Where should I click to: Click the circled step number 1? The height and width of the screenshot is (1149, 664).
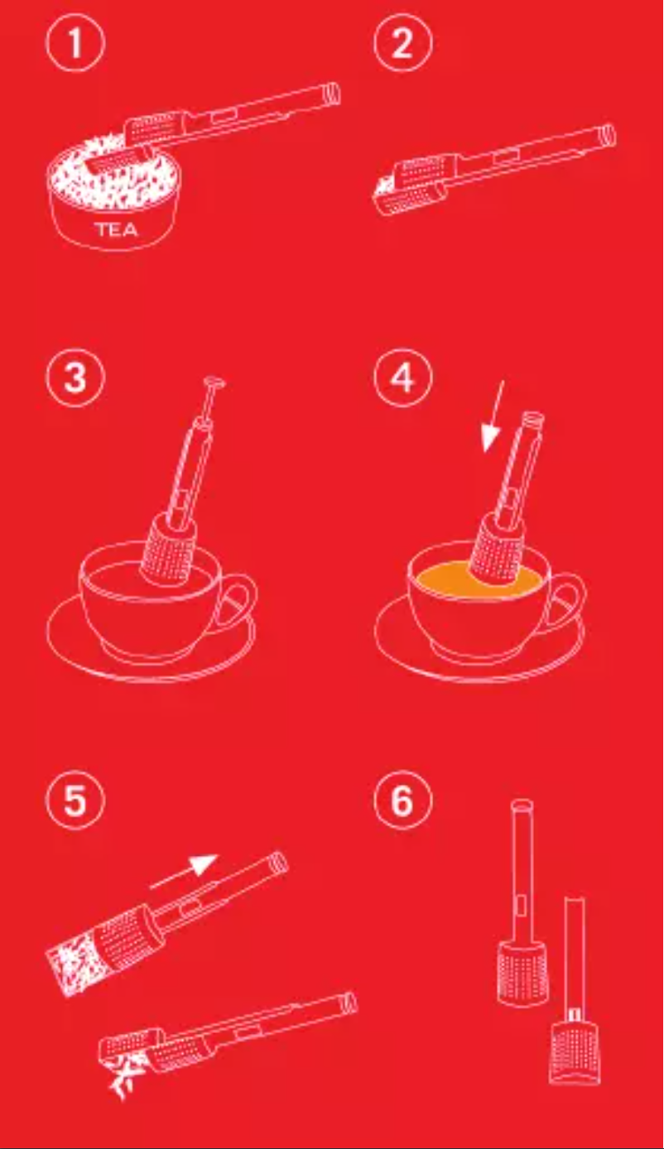pos(75,42)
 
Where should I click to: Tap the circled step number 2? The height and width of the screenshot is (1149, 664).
pos(402,42)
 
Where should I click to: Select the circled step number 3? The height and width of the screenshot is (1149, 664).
pos(75,377)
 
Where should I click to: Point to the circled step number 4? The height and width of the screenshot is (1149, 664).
pos(402,377)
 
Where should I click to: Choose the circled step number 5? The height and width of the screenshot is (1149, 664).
pos(75,800)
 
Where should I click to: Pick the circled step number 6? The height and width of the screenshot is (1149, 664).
pos(402,800)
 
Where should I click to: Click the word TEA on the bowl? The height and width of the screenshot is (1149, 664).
pos(117,228)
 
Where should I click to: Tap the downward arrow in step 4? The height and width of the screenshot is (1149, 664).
pos(493,416)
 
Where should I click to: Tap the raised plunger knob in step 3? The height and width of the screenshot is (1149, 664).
pos(214,382)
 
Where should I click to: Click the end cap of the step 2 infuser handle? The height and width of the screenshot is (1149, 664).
pos(607,136)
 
